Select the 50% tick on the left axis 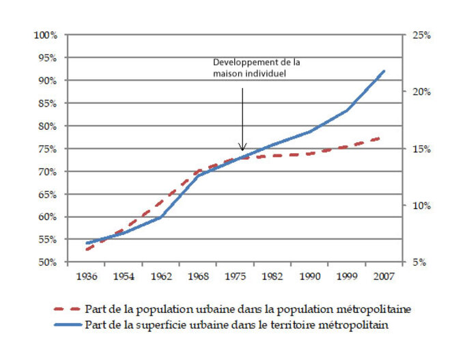47,262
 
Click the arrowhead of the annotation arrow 242,148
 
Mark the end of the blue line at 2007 384,71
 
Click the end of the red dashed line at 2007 380,138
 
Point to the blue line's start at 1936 87,243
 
